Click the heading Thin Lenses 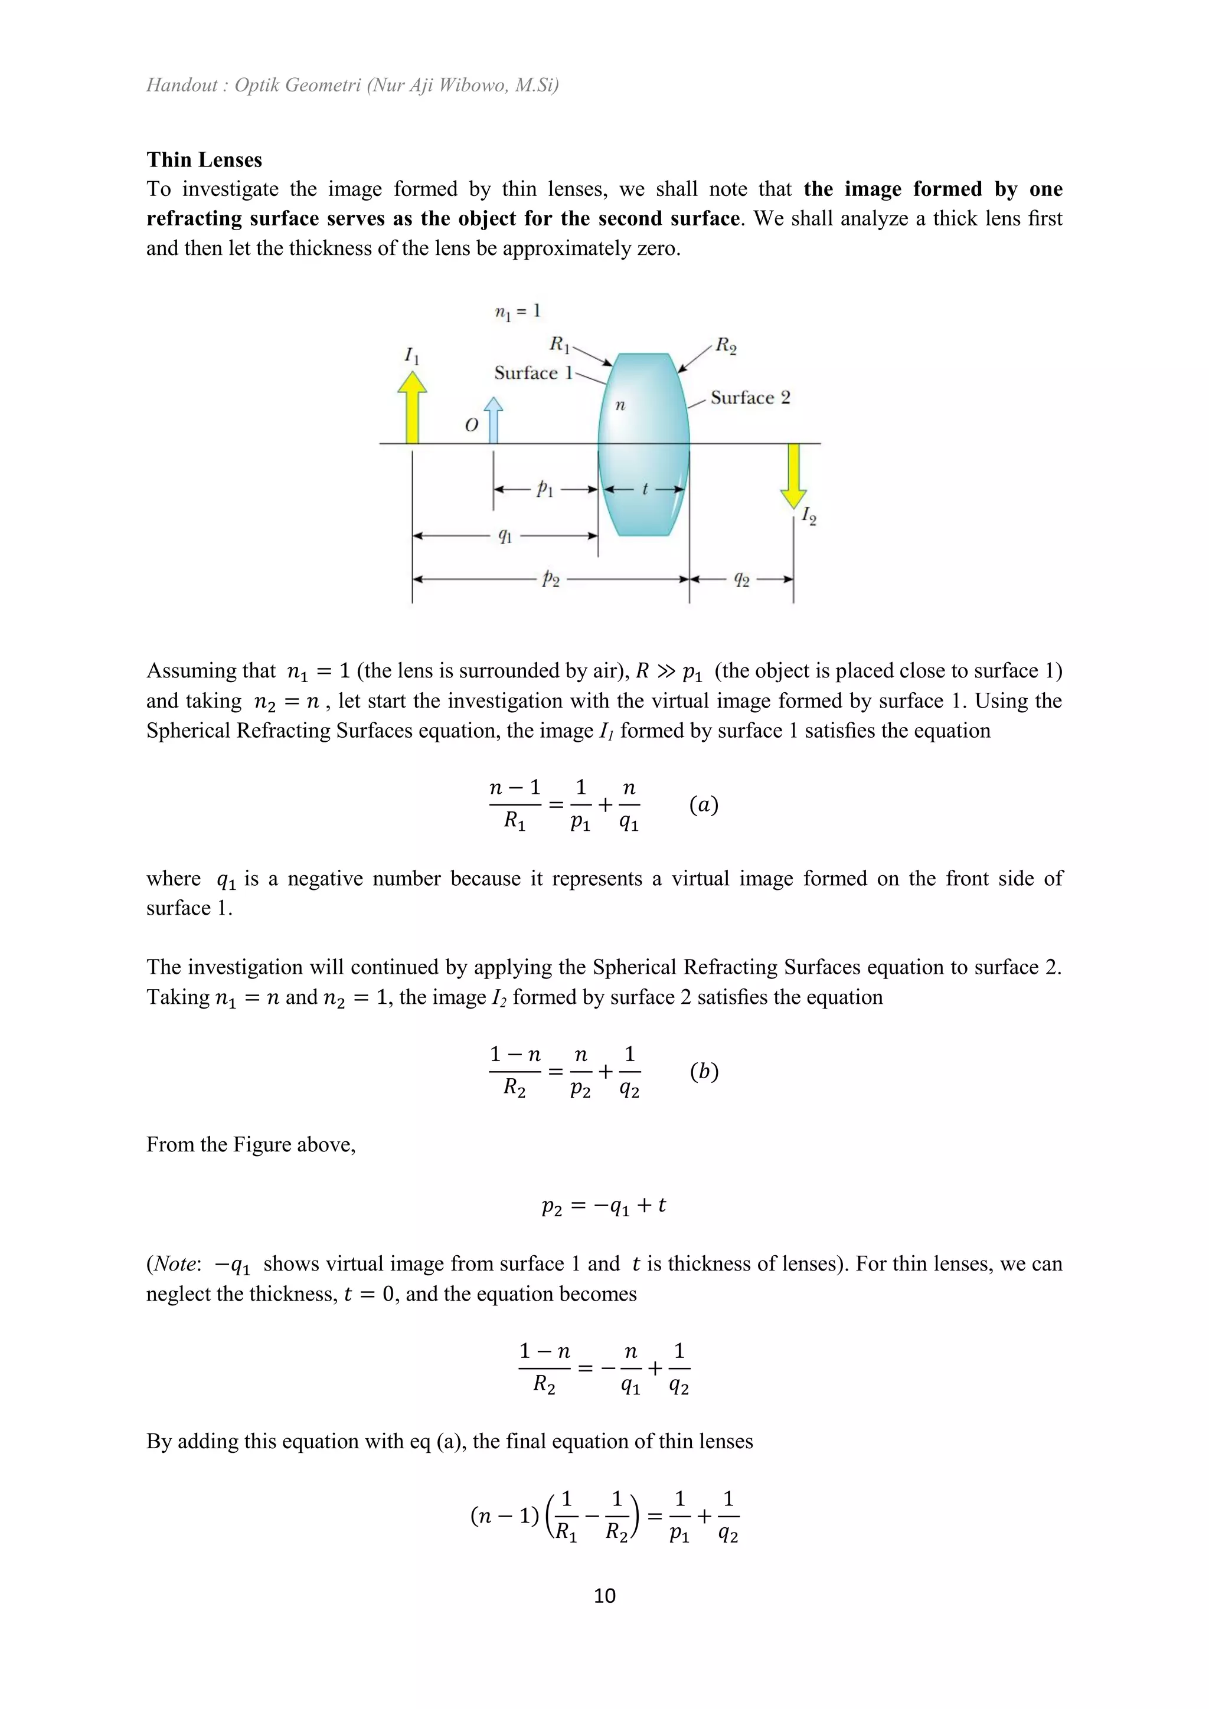point(204,160)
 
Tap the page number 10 point(604,1595)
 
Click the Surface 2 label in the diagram point(750,398)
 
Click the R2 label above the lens point(726,345)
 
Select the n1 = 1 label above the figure point(517,311)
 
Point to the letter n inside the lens point(620,405)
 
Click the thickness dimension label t point(645,489)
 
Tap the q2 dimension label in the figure point(741,578)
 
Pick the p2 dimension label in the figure point(551,578)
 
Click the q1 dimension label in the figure point(505,535)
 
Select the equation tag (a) point(704,804)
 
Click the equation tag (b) point(704,1071)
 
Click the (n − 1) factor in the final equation point(504,1515)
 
